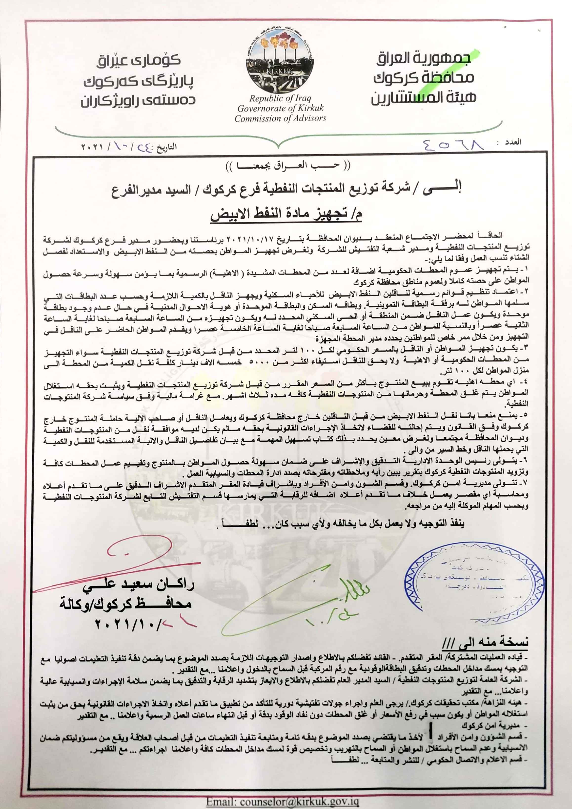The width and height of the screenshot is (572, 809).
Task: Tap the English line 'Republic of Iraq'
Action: point(280,98)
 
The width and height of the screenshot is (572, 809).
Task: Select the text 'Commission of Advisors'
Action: point(280,118)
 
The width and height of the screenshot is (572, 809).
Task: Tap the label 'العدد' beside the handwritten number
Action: point(513,142)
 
